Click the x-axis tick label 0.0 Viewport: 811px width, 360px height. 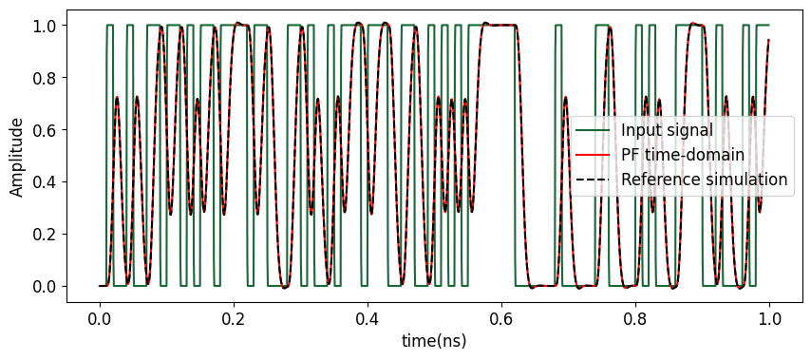point(99,320)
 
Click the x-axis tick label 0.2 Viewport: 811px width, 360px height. point(233,320)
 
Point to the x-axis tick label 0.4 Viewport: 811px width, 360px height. point(367,320)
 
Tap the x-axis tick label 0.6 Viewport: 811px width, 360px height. point(500,320)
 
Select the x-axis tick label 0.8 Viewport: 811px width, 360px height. point(634,320)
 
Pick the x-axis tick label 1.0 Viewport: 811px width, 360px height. point(768,320)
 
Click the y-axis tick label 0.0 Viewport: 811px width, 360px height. point(45,286)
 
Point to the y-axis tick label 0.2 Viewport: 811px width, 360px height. point(45,234)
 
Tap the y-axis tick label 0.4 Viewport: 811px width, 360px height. point(45,181)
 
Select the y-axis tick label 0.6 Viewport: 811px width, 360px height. point(45,129)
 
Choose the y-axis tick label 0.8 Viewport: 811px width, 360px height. point(45,77)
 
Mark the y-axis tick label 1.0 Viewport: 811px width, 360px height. point(45,25)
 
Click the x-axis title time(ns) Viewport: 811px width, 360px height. point(433,341)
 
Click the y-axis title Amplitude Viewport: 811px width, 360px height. point(17,155)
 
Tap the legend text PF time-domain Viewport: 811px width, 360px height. point(682,155)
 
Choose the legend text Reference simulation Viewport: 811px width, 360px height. point(704,179)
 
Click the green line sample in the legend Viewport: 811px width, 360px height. point(594,130)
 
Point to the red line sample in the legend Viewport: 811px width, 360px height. point(594,155)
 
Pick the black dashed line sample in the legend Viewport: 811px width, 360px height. point(594,179)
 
